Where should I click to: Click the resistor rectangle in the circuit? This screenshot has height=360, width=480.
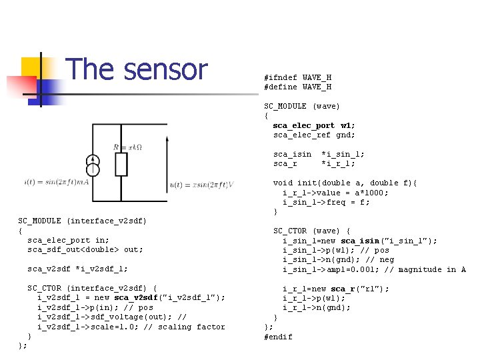click(121, 164)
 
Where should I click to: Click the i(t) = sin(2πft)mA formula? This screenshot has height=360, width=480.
click(56, 182)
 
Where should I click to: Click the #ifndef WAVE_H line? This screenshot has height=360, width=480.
click(297, 77)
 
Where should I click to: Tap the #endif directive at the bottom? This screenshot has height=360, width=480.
click(278, 337)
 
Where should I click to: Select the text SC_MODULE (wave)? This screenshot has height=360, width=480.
click(302, 106)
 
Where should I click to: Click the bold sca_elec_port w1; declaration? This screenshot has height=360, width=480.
click(314, 125)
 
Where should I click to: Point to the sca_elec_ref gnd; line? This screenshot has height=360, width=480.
click(314, 135)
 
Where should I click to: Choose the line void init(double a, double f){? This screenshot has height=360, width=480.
click(345, 183)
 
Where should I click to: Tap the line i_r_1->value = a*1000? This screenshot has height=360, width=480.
click(335, 193)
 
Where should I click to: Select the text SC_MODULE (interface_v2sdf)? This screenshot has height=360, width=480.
click(83, 221)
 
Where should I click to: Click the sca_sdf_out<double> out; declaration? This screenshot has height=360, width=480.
click(85, 249)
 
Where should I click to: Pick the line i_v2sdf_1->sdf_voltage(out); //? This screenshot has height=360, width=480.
click(112, 317)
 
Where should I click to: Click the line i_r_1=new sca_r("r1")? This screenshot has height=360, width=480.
click(336, 289)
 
